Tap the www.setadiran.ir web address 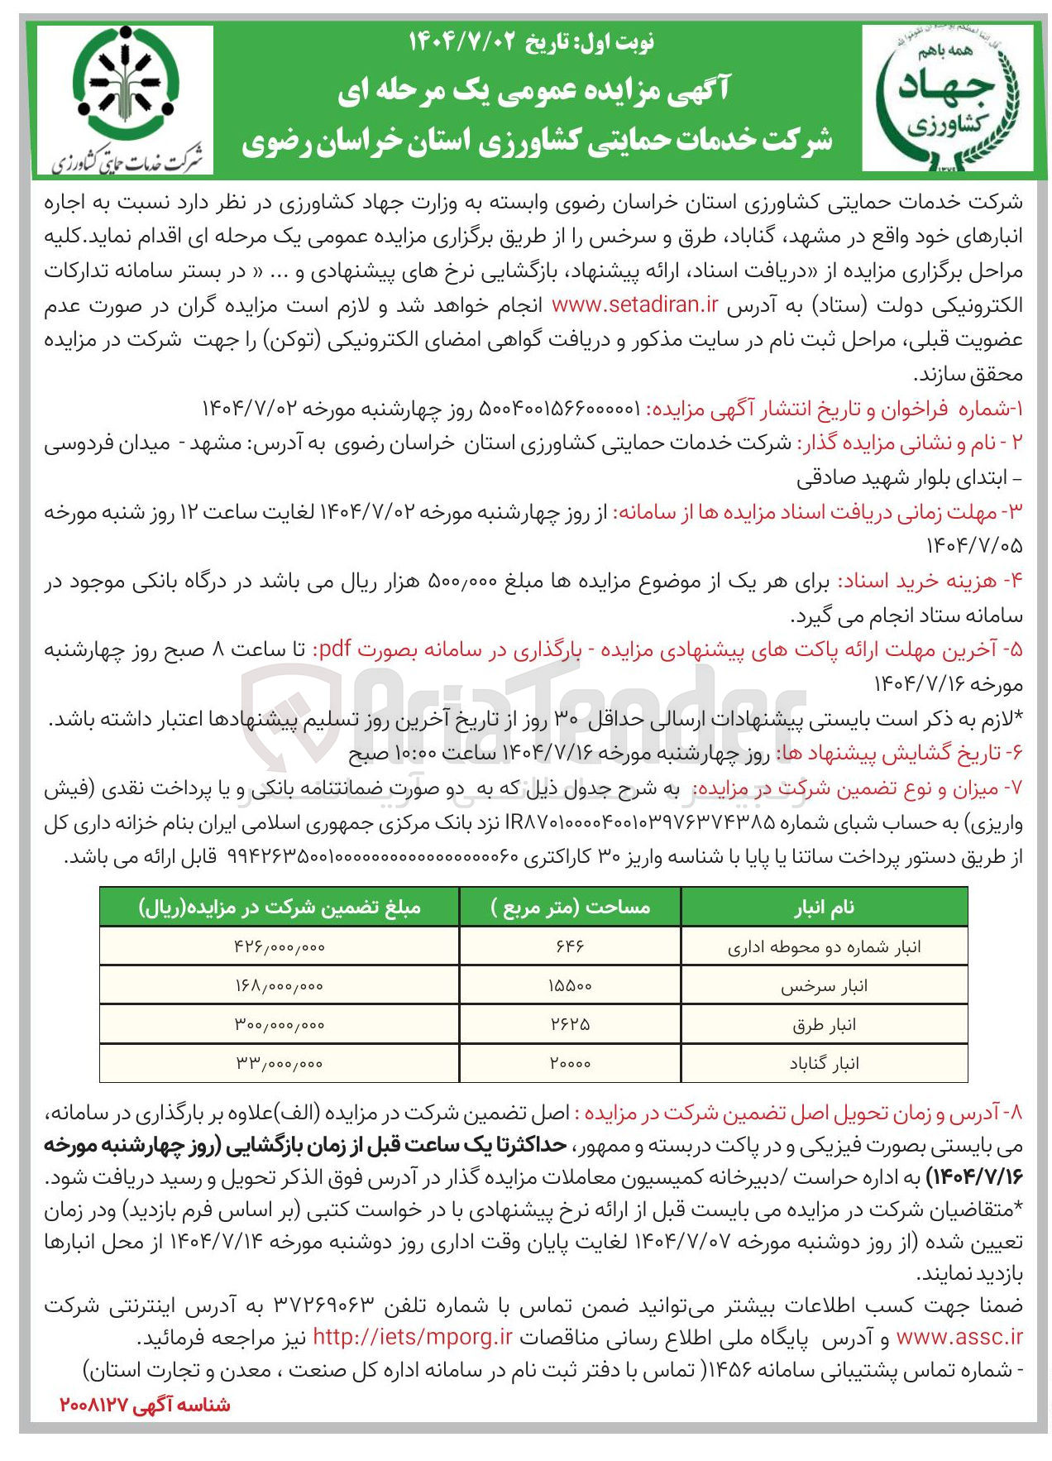point(634,304)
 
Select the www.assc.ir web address point(959,1337)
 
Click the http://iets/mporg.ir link point(413,1337)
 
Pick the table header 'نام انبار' point(824,908)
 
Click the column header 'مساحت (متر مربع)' point(571,908)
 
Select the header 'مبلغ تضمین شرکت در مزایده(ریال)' point(280,908)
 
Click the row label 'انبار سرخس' point(824,986)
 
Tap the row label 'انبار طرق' point(824,1025)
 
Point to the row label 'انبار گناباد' point(824,1064)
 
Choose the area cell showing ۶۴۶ point(571,946)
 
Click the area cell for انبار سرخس point(571,986)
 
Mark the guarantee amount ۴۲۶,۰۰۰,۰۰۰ point(280,946)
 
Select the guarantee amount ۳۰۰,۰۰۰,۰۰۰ point(280,1025)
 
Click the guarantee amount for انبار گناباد point(280,1064)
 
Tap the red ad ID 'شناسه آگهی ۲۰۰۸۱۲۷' point(146,1405)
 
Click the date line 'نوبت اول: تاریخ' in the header point(531,41)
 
